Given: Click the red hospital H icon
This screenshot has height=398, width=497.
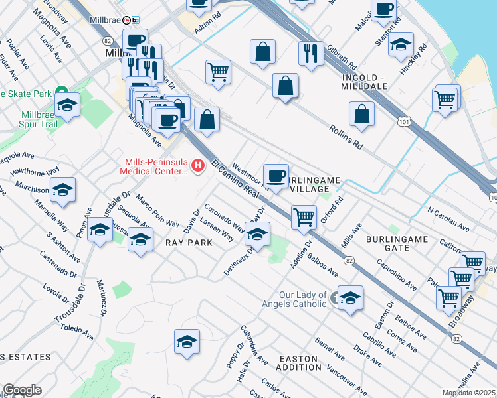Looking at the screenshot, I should click(x=197, y=165).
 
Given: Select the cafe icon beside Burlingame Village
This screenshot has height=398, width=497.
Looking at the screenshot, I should click(x=276, y=176).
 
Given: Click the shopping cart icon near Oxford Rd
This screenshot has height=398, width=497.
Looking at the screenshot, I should click(x=304, y=216).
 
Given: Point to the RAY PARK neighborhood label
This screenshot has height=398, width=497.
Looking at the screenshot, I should click(x=189, y=243).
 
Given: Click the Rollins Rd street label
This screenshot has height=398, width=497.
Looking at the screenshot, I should click(x=348, y=135).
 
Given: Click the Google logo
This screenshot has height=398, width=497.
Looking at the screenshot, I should click(x=22, y=390).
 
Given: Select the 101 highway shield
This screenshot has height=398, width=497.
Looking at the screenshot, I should click(x=403, y=122).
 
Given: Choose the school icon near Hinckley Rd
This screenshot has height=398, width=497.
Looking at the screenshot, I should click(x=401, y=45).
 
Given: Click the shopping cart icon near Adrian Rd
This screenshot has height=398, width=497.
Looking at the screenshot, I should click(x=218, y=71).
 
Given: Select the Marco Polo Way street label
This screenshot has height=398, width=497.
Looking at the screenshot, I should click(x=158, y=210).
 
